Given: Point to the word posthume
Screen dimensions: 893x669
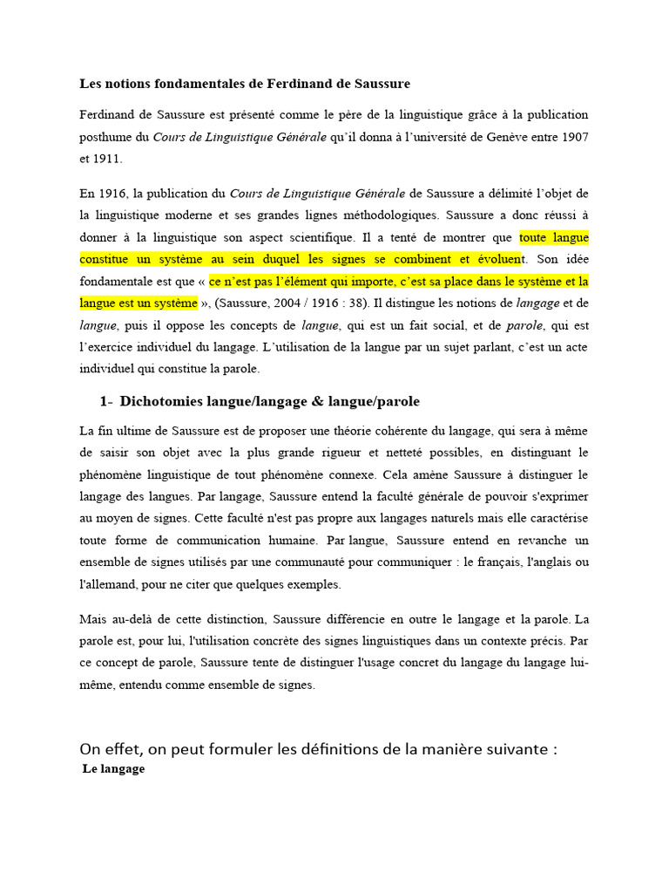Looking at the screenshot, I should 107,137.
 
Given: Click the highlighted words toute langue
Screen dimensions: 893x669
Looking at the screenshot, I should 554,236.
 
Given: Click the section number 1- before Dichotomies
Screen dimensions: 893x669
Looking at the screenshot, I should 106,402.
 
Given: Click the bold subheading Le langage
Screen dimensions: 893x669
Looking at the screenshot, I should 113,770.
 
